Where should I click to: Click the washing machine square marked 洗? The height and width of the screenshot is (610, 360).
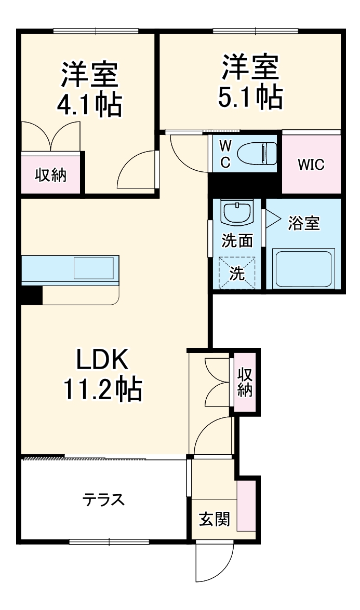237,273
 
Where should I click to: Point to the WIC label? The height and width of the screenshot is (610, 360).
311,165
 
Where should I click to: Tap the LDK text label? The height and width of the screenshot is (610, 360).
102,360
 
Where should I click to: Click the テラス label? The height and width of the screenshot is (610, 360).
103,499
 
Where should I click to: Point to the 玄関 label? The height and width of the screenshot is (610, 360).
215,519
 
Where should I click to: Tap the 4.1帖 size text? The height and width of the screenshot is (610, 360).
90,105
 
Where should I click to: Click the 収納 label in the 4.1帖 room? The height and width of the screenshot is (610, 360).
50,175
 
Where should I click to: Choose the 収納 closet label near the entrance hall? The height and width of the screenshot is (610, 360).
245,382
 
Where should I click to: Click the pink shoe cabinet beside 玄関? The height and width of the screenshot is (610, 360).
246,506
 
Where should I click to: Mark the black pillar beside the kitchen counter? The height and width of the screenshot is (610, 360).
32,295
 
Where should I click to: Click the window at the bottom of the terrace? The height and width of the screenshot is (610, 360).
110,541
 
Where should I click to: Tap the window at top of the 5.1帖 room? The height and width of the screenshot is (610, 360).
255,31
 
